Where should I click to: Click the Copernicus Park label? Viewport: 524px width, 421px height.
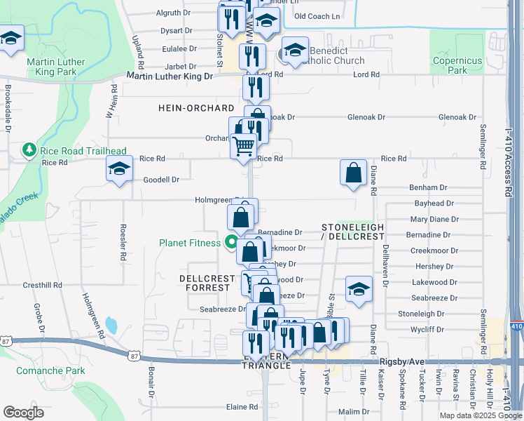tap(457, 65)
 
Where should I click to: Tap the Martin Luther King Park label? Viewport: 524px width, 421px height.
tap(55, 66)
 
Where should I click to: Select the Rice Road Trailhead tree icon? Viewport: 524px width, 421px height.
tap(29, 150)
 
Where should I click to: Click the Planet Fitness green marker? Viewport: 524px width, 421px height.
tap(230, 243)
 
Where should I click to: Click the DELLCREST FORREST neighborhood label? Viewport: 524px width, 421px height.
tap(207, 283)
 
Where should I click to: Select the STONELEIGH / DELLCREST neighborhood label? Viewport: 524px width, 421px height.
tap(353, 232)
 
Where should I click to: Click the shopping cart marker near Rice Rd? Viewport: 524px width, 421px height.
tap(244, 146)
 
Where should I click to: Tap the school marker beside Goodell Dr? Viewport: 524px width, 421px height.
tap(119, 168)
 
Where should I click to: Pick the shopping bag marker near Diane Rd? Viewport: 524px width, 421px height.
tap(353, 172)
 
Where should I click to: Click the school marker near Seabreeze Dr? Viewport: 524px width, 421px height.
tap(358, 288)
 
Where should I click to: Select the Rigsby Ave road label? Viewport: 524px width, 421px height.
tap(401, 361)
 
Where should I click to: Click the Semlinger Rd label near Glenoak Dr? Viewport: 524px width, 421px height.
tap(483, 148)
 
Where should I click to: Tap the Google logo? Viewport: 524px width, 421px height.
tap(24, 412)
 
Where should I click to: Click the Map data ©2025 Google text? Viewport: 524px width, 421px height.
tap(480, 415)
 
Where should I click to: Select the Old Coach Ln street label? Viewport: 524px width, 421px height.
tap(317, 16)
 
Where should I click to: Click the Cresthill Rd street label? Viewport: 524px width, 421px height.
tap(43, 286)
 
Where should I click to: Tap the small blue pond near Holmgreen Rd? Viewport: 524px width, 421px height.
tap(111, 325)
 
